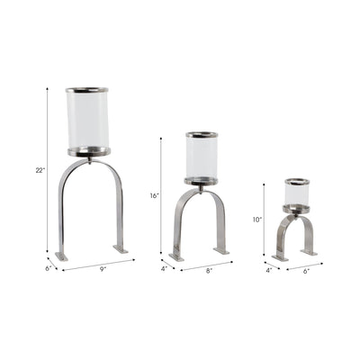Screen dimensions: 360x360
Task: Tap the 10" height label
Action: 256,219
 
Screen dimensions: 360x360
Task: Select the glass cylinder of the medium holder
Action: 202,157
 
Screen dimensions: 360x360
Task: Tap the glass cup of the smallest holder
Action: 298,193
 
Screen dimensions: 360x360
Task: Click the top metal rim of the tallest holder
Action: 88,90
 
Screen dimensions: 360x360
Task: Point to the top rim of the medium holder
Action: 202,135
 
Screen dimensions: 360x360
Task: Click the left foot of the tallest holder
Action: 61,256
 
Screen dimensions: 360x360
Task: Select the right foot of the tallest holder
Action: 121,248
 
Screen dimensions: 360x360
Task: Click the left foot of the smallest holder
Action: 281,257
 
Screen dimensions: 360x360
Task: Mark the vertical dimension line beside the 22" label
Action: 48,171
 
